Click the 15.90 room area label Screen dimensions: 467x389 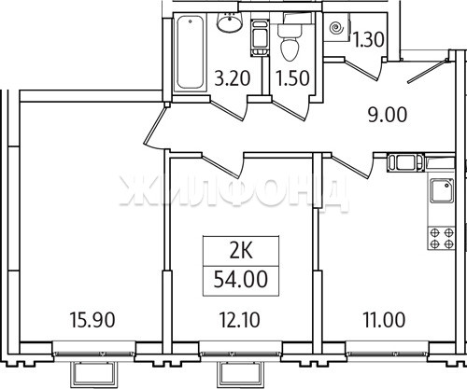click(92, 320)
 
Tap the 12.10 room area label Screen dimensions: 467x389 click(239, 320)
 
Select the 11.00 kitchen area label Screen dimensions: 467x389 click(384, 320)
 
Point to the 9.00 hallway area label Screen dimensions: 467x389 click(388, 115)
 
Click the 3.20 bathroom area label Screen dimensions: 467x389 click(233, 77)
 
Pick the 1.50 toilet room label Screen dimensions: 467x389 click(292, 77)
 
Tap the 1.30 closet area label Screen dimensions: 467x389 click(369, 40)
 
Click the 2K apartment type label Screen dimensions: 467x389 click(241, 252)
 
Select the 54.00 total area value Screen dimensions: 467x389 click(241, 279)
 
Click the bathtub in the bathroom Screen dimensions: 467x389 click(191, 52)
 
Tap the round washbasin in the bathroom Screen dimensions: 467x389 click(230, 21)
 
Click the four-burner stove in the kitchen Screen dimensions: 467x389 click(442, 238)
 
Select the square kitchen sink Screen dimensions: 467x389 click(442, 190)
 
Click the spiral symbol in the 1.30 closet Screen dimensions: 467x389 click(336, 28)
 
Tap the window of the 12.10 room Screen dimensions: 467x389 click(240, 354)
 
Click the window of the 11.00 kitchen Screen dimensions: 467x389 click(387, 354)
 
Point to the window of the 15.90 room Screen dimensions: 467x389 click(93, 354)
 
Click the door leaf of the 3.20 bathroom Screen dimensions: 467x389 click(228, 110)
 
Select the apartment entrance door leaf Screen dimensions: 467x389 click(429, 71)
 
